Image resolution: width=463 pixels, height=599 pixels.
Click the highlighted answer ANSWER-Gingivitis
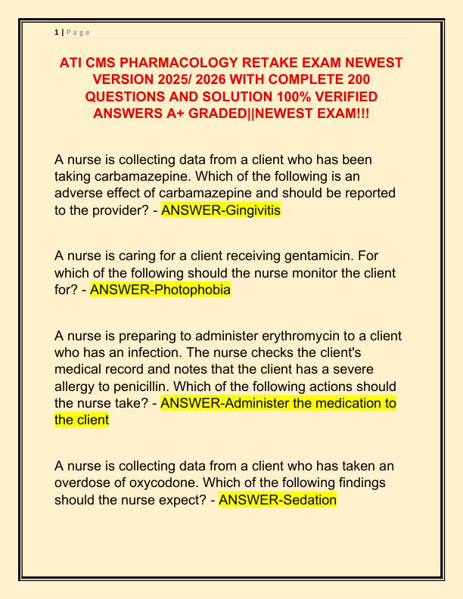pyautogui.click(x=220, y=210)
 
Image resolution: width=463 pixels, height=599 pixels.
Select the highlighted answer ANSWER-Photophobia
pyautogui.click(x=160, y=289)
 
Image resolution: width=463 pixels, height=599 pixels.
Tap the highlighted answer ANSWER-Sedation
pyautogui.click(x=277, y=500)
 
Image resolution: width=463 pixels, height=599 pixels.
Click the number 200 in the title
pyautogui.click(x=355, y=79)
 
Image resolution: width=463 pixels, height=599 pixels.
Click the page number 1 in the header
pyautogui.click(x=57, y=32)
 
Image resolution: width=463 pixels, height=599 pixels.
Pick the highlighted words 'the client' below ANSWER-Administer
pyautogui.click(x=82, y=421)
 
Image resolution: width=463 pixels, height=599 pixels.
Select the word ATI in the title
pyautogui.click(x=73, y=62)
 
